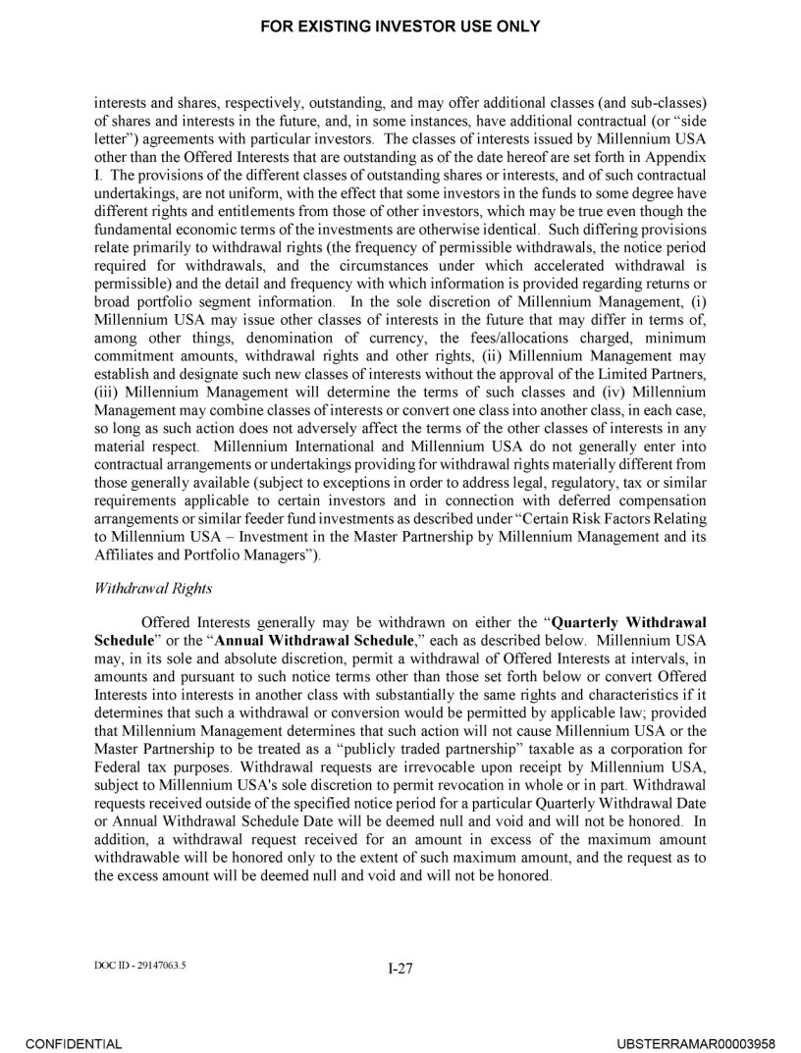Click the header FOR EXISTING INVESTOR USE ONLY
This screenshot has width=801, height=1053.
click(x=400, y=26)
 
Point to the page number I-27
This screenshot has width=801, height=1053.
click(x=400, y=968)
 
